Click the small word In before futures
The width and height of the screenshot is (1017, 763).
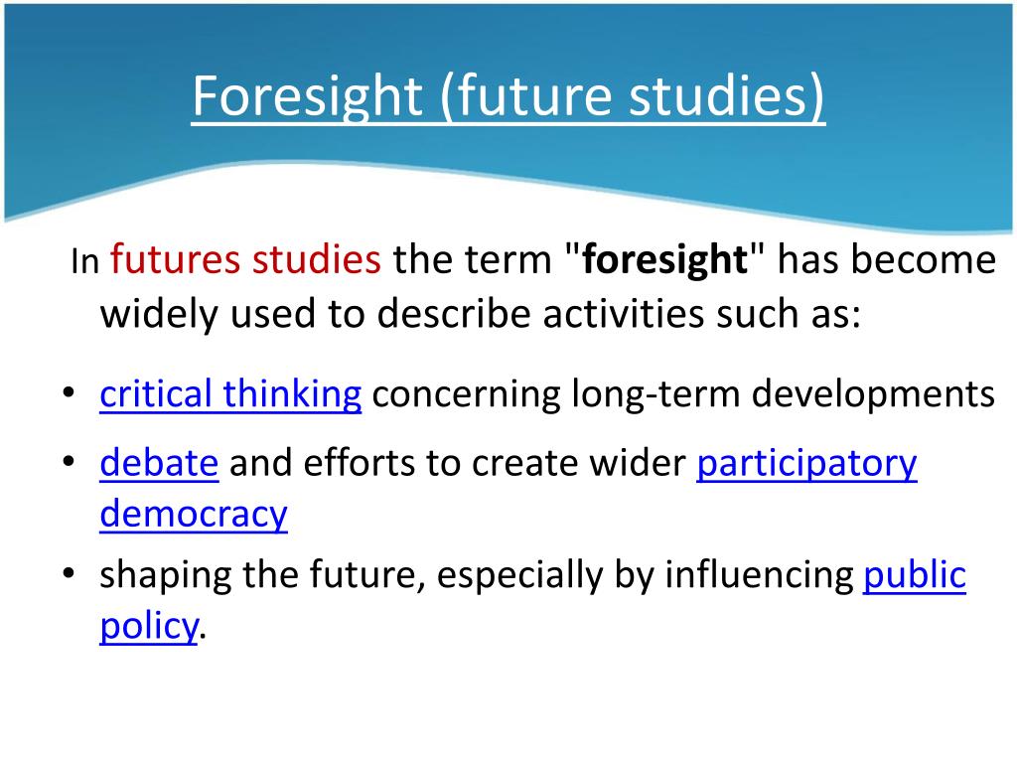tap(85, 263)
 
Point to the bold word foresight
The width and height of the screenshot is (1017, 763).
tap(664, 260)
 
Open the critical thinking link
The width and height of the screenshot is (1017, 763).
tap(230, 394)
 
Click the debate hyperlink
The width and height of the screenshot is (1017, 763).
tap(159, 463)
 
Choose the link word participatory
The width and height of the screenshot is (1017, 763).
tap(806, 463)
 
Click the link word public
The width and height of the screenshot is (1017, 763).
tap(915, 575)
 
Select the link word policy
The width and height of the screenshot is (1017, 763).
tap(149, 626)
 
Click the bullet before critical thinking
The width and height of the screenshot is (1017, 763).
tap(68, 394)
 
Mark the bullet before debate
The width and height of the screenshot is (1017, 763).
tap(68, 463)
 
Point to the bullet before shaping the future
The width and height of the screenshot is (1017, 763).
tap(68, 575)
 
